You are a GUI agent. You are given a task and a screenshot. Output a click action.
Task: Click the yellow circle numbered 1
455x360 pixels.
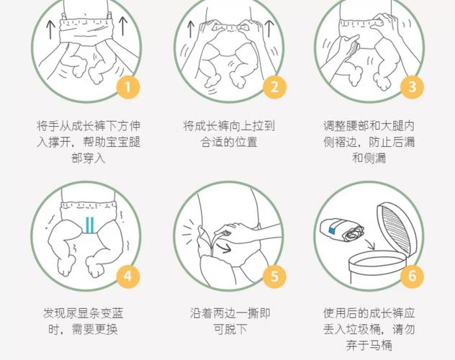pyautogui.click(x=127, y=88)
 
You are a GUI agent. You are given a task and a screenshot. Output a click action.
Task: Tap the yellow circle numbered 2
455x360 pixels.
pyautogui.click(x=274, y=88)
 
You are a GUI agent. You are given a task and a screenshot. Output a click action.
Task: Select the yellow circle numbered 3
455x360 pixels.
pyautogui.click(x=412, y=88)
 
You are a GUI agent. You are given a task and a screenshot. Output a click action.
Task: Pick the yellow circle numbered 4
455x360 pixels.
pyautogui.click(x=127, y=276)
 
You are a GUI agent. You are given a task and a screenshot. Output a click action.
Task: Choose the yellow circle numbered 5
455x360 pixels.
pyautogui.click(x=274, y=276)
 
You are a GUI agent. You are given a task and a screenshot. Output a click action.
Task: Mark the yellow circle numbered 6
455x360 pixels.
pyautogui.click(x=412, y=276)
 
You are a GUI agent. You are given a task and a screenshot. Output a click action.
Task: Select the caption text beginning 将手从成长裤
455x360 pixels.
pyautogui.click(x=89, y=141)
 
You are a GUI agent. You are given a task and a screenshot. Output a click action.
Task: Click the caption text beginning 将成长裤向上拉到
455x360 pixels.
pyautogui.click(x=228, y=133)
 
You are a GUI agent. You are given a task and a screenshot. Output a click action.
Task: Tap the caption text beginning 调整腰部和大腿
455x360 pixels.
pyautogui.click(x=368, y=141)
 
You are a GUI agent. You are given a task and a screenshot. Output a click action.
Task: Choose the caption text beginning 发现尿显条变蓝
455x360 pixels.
pyautogui.click(x=89, y=322)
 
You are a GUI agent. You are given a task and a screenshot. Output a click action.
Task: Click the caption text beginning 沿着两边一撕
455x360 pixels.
pyautogui.click(x=228, y=322)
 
